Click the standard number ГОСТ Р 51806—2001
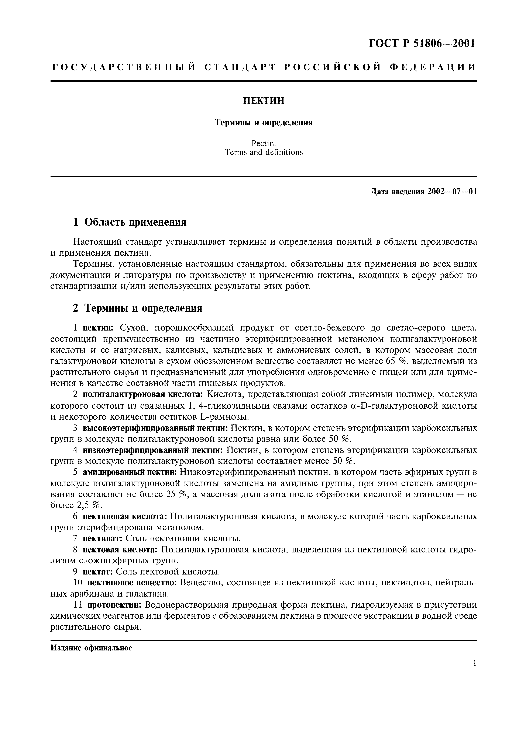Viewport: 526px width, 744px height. [422, 43]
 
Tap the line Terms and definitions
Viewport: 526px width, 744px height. [264, 152]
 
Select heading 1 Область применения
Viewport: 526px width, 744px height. [130, 222]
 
